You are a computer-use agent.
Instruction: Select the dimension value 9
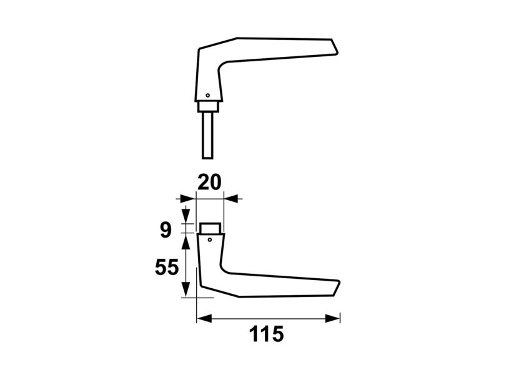point(165,229)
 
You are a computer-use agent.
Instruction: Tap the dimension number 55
point(167,268)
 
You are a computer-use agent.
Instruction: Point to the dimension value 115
point(267,334)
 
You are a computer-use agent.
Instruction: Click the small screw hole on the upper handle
point(208,96)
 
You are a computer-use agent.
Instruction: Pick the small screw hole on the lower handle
point(210,239)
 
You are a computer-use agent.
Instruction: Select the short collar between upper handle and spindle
point(208,106)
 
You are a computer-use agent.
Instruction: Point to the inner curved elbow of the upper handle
point(222,64)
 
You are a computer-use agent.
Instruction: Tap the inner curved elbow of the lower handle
point(224,270)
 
